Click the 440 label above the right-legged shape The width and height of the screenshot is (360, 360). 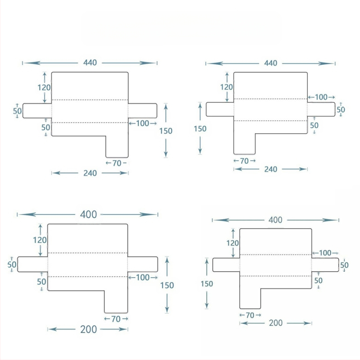coord(90,63)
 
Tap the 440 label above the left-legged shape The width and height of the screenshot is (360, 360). coord(271,63)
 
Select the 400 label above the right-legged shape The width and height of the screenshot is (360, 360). coord(88,215)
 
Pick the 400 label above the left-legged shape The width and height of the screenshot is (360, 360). coord(275,220)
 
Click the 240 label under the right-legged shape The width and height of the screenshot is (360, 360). coord(90,173)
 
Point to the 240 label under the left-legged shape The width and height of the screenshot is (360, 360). coord(271,169)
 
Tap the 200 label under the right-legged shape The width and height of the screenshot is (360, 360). coord(88,329)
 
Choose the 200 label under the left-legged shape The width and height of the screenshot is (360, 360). coord(275,323)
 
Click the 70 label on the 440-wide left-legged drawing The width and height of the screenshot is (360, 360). coord(244,161)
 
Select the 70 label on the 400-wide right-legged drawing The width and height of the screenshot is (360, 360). coord(116,319)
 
